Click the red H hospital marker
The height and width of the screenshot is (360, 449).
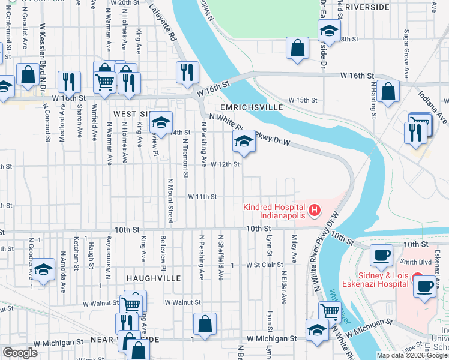tap(314, 211)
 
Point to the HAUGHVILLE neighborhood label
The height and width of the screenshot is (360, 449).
tap(150, 279)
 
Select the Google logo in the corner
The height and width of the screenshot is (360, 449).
tap(20, 353)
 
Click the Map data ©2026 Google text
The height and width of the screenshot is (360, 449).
tap(412, 355)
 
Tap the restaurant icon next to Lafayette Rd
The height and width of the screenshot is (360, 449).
tap(187, 73)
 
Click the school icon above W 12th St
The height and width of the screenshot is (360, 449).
tap(243, 142)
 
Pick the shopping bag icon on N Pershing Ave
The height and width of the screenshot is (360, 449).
tap(205, 323)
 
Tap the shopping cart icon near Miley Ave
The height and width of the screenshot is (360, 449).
tap(330, 311)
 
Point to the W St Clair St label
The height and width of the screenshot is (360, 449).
tap(264, 265)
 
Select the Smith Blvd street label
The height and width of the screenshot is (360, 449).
tap(417, 262)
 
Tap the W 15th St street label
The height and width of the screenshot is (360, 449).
tap(302, 100)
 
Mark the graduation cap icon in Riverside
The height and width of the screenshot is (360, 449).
tap(328, 29)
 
